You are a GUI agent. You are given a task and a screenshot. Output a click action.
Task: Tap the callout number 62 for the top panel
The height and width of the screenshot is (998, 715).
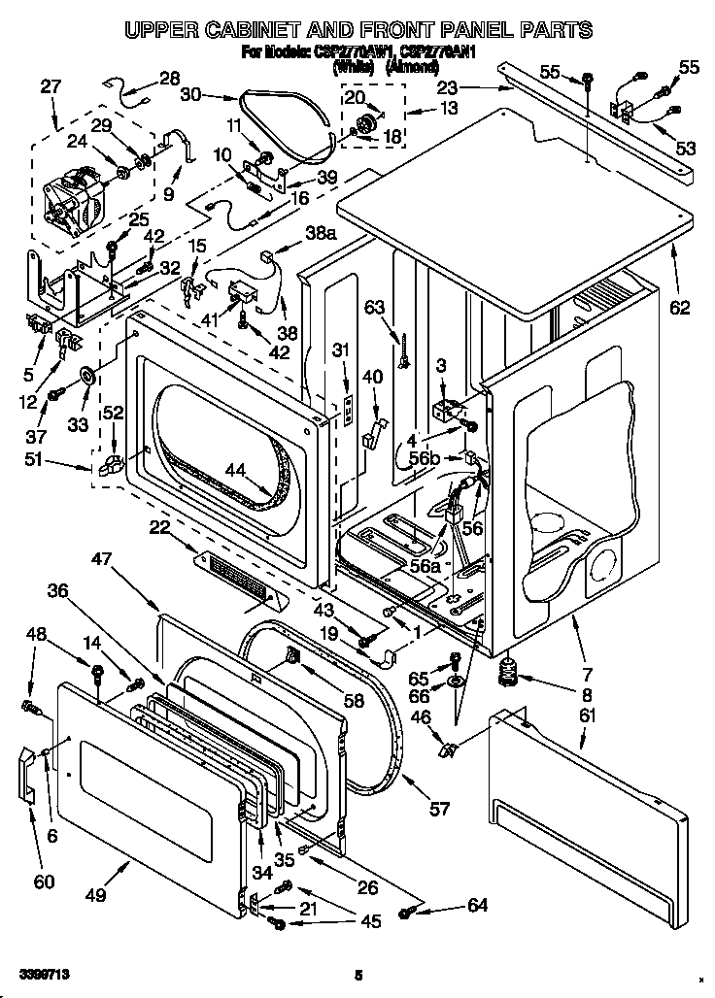tap(679, 309)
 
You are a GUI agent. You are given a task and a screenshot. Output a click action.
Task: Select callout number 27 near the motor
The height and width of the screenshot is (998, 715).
tap(51, 87)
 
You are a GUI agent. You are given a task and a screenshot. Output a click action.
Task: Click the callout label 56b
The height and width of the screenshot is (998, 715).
tap(425, 457)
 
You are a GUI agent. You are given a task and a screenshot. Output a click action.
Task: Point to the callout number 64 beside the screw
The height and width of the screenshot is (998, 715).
tap(477, 907)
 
